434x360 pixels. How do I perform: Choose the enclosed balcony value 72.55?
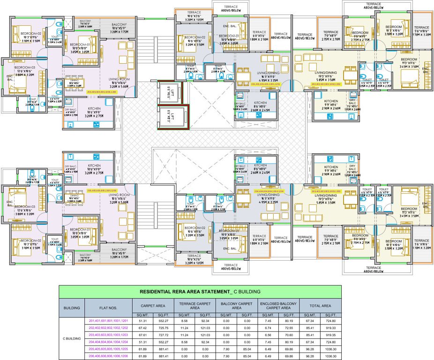289,328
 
